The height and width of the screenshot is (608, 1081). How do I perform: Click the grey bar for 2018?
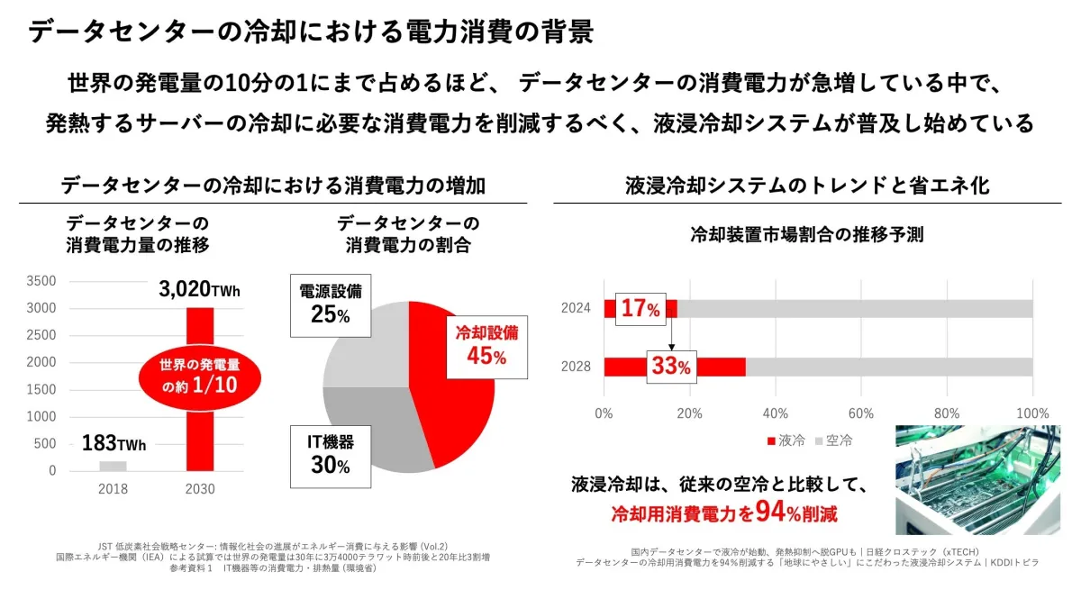click(x=113, y=466)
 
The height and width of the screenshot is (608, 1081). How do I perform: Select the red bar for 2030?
click(x=200, y=432)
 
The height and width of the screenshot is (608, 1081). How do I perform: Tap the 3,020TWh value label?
click(x=200, y=290)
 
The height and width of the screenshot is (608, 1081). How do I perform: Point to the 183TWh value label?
click(x=114, y=443)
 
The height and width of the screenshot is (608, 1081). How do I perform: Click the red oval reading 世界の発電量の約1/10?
click(x=198, y=376)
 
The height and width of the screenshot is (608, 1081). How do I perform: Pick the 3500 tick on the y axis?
click(x=43, y=281)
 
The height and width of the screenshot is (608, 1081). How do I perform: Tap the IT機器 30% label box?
click(x=322, y=454)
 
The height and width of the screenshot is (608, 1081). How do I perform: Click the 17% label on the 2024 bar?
click(x=640, y=309)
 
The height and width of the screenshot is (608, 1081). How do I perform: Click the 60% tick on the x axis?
click(x=861, y=413)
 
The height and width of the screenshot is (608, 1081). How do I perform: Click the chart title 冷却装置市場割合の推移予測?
click(x=806, y=235)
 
